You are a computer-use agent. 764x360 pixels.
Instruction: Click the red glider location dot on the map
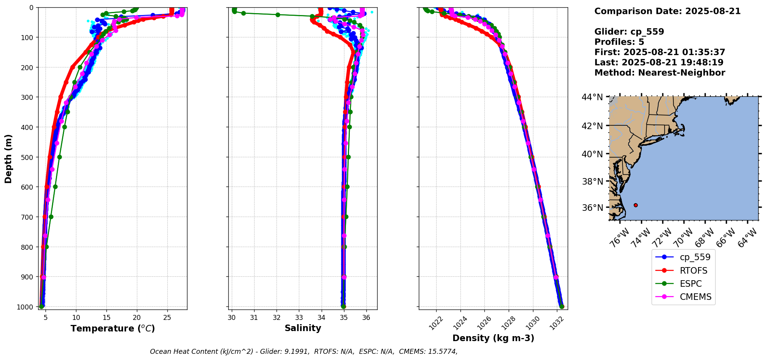636,205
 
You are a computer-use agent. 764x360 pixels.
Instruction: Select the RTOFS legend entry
693,271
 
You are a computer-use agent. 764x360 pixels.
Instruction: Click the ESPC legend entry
690,284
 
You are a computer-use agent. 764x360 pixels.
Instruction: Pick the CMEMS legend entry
695,297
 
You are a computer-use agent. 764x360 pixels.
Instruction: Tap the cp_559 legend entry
695,257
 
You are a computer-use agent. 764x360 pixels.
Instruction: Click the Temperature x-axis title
113,328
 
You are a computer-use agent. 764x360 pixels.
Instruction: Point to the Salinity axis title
303,328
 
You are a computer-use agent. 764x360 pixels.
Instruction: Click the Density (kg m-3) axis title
493,338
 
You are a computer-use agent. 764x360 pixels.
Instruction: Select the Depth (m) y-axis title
8,158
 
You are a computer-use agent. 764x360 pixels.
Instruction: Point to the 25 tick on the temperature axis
167,318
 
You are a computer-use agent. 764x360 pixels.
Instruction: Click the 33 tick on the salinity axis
299,318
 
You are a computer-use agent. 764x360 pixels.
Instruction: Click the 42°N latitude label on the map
592,126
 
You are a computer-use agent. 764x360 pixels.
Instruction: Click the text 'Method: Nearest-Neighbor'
659,73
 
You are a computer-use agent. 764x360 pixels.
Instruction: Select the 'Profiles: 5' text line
619,42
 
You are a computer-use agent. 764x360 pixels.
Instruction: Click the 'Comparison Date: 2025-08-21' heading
667,11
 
